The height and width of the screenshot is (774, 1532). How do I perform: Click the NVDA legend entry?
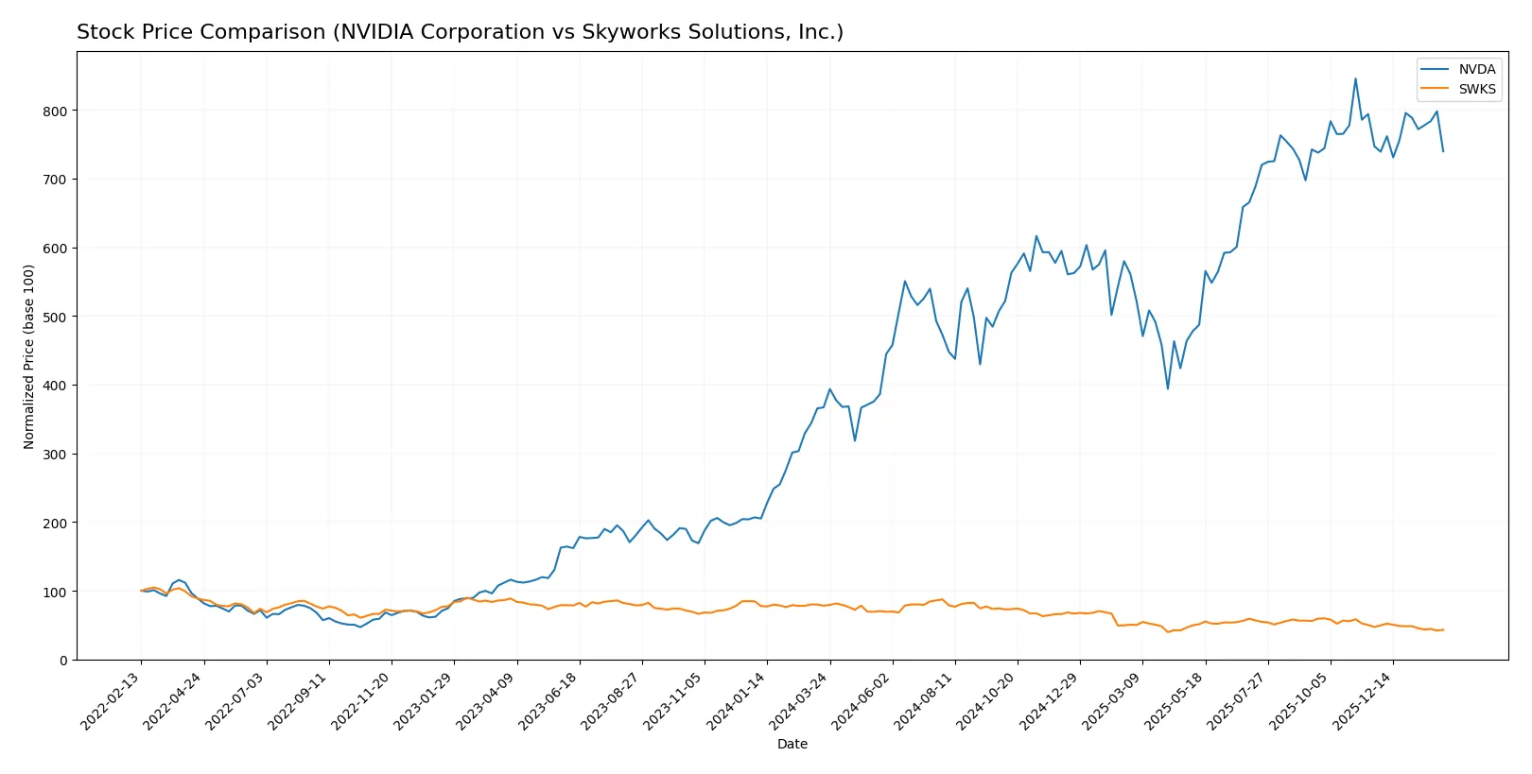[x=1476, y=69]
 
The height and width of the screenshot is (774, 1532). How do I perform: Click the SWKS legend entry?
[x=1476, y=89]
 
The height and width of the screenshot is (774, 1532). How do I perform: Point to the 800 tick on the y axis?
[x=55, y=111]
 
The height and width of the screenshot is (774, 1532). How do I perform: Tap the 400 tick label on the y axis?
[x=55, y=386]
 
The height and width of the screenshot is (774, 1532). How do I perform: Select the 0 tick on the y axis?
[x=63, y=661]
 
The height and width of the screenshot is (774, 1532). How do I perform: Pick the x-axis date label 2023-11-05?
[x=675, y=700]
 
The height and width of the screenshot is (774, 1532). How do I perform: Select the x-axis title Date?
[x=792, y=744]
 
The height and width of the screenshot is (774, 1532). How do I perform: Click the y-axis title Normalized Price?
[x=29, y=356]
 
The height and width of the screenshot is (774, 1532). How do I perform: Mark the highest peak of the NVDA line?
[x=1355, y=78]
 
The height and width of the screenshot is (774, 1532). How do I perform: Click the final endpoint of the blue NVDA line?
[x=1443, y=151]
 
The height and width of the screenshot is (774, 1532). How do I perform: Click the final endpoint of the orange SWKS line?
[x=1443, y=629]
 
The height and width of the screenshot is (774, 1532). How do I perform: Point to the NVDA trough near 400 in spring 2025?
[x=1168, y=388]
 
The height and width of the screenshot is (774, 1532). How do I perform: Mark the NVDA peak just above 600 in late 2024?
[x=1036, y=236]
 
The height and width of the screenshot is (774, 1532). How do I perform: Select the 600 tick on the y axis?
[x=55, y=248]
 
